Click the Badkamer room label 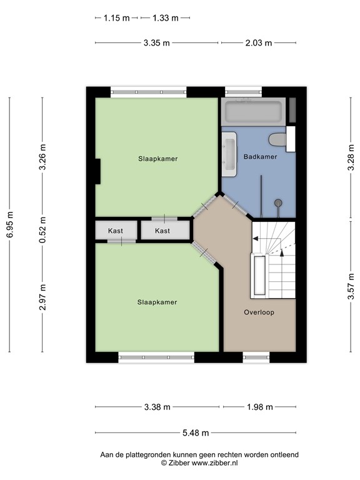(x=261, y=157)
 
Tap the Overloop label (x=259, y=312)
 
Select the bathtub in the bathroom (x=254, y=112)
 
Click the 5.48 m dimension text (x=196, y=432)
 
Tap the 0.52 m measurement (x=42, y=229)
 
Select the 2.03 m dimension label (x=259, y=43)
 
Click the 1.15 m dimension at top (x=116, y=18)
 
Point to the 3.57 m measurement (x=349, y=287)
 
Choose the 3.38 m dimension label (x=157, y=407)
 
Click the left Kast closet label (x=116, y=231)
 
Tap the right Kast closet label (x=162, y=231)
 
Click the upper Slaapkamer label (x=158, y=159)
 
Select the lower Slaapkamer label (x=157, y=302)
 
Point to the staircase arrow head (x=256, y=238)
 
